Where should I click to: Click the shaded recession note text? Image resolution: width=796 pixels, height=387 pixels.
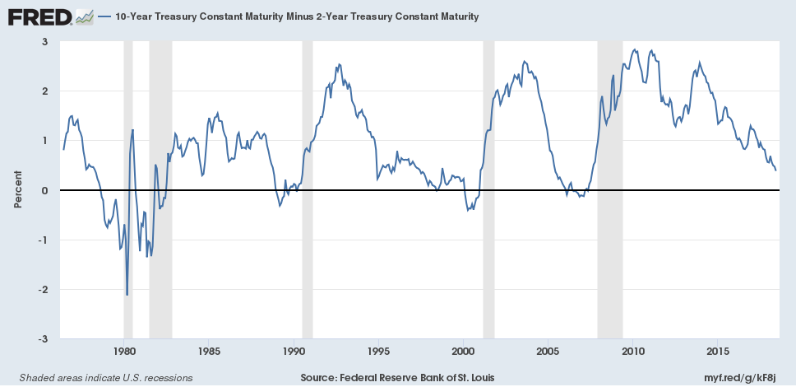coord(100,377)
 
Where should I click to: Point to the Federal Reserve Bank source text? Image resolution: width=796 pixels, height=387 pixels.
coord(398,377)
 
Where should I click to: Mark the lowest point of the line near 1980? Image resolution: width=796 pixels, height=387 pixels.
coord(127,295)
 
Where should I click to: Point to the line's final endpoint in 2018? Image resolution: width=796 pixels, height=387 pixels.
coord(776,170)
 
